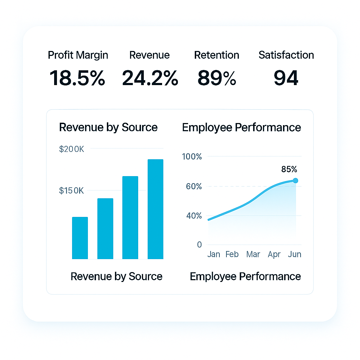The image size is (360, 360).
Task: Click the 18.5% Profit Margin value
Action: click(77, 78)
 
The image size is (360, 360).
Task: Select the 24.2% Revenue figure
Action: click(150, 78)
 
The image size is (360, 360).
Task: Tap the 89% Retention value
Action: click(217, 78)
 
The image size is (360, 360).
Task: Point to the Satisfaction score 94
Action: click(286, 78)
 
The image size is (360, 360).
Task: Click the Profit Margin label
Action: click(78, 55)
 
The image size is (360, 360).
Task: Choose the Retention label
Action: click(217, 55)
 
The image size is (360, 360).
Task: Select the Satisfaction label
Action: click(286, 55)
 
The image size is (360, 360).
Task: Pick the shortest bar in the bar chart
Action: click(80, 238)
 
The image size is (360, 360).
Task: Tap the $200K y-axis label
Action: click(72, 149)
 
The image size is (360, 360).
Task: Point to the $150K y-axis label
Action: click(72, 191)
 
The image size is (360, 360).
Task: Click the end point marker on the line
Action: click(295, 181)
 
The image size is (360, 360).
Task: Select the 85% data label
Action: click(289, 169)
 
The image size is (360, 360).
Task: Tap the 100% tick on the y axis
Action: click(192, 157)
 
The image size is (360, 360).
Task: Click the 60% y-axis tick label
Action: click(194, 186)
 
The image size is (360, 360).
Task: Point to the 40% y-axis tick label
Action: click(194, 216)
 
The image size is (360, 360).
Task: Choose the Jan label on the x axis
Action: click(214, 254)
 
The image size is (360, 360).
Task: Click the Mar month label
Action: click(253, 254)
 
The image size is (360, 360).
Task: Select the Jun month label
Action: click(295, 254)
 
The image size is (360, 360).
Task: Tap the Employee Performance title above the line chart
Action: click(242, 127)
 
